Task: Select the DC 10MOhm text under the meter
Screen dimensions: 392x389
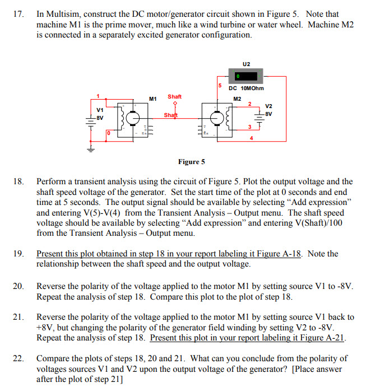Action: point(246,88)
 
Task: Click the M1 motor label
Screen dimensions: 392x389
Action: point(152,99)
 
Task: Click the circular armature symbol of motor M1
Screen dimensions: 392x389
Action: point(132,118)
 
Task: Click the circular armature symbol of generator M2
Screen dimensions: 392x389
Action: point(216,118)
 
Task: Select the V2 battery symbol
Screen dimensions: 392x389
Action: point(260,115)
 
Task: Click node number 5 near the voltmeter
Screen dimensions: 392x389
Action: point(220,85)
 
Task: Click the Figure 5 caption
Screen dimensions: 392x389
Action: point(191,162)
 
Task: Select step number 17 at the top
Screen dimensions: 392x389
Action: point(18,14)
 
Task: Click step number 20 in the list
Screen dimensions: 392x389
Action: point(18,286)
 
